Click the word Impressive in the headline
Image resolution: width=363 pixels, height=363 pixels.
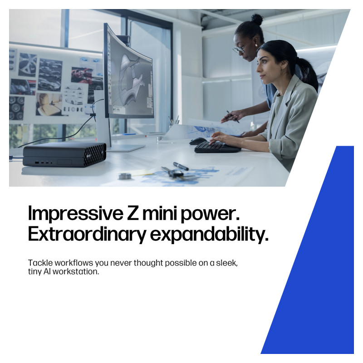tap(76, 213)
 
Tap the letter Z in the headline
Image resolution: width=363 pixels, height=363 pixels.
tap(133, 213)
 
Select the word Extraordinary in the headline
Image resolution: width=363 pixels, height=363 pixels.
tap(87, 235)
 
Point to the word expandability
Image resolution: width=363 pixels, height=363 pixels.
tap(209, 235)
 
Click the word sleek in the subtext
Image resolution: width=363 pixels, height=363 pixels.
tap(226, 263)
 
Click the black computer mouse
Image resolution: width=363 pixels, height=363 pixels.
tap(198, 141)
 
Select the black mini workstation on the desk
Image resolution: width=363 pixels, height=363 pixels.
tap(64, 155)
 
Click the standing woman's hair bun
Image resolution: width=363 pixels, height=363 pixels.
tap(257, 20)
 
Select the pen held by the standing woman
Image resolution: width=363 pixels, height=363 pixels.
tap(233, 117)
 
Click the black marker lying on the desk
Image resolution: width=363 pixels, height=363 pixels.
tap(181, 166)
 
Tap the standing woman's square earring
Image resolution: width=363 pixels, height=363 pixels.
tap(256, 45)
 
